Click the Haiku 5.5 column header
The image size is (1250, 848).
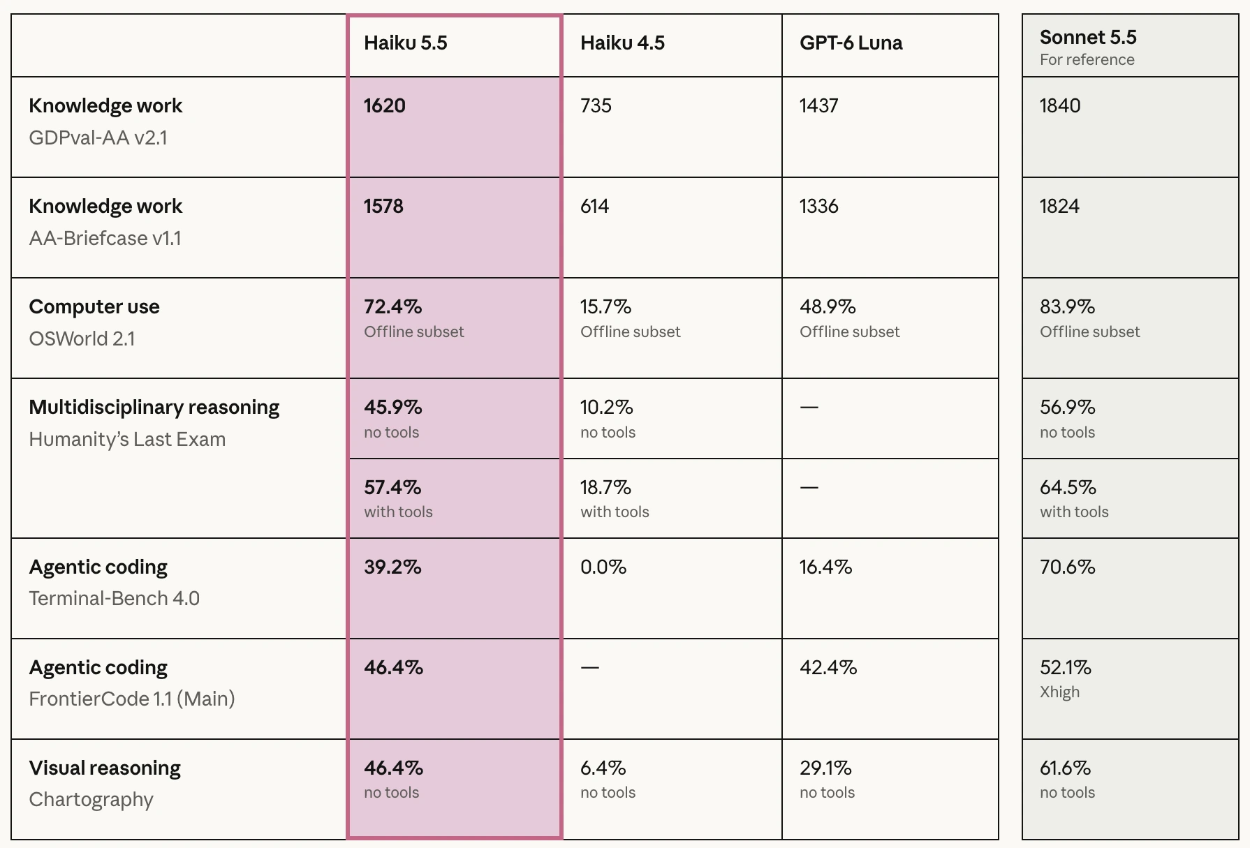pos(405,43)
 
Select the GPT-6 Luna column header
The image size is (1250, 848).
pos(851,43)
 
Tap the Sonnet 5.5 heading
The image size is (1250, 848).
pos(1088,37)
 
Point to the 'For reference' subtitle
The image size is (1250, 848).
pos(1087,60)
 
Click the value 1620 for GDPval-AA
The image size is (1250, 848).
pos(384,106)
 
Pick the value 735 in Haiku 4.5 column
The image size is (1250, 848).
pos(596,106)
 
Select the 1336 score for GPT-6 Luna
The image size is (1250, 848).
pos(818,207)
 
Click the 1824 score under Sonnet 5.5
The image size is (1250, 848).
pos(1059,207)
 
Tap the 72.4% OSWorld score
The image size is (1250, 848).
pos(392,307)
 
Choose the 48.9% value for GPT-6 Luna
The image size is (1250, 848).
pos(828,307)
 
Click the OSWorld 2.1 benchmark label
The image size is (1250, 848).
pos(82,339)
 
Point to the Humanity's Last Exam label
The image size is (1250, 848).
pos(127,440)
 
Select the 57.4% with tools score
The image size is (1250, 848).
pos(392,487)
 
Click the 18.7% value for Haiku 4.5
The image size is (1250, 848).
pos(605,487)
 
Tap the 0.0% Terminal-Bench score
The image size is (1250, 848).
pos(603,567)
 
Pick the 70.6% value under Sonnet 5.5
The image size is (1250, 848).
pos(1067,567)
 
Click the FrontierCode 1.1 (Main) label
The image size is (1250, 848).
pos(132,699)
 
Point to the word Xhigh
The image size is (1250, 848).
pos(1059,692)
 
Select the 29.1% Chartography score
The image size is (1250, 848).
pos(825,768)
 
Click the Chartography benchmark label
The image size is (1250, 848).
pos(91,800)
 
